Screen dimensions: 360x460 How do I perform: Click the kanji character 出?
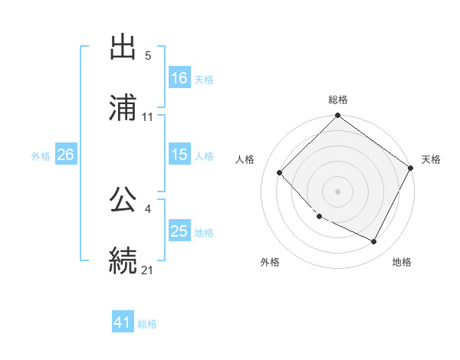point(123,48)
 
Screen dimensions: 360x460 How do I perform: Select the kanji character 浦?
point(123,109)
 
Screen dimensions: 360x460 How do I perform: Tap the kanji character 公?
point(123,198)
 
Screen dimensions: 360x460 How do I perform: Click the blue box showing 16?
point(179,78)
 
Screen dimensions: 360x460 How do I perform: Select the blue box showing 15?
point(179,155)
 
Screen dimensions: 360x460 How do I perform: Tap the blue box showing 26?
point(65,155)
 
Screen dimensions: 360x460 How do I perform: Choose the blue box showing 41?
point(123,323)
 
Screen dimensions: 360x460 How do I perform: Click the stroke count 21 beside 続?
point(148,269)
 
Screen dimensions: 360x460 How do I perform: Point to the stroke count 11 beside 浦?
point(148,117)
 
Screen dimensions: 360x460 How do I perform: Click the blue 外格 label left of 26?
point(41,155)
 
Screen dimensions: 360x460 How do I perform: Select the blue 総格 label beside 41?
point(147,324)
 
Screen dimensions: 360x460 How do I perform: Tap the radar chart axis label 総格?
point(337,100)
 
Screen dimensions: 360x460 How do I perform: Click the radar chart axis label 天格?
point(431,159)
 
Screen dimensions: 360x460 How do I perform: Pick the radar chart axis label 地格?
point(402,262)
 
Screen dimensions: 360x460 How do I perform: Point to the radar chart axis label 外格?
point(270,262)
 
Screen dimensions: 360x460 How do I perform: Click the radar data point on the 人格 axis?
point(280,172)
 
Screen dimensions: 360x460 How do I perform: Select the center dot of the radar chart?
point(337,191)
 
